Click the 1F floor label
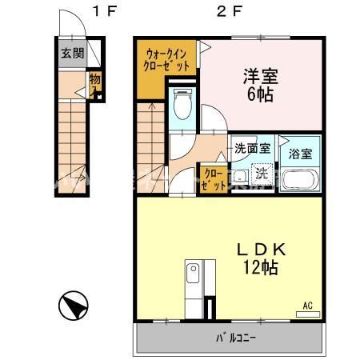(x=103, y=11)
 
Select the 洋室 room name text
(x=260, y=76)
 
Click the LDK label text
(x=261, y=250)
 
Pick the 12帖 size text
(x=262, y=268)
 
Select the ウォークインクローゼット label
(x=166, y=60)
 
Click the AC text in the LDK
(x=307, y=305)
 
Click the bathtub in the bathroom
(x=302, y=180)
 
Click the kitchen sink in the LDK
(x=193, y=275)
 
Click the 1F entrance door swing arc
(x=73, y=24)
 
